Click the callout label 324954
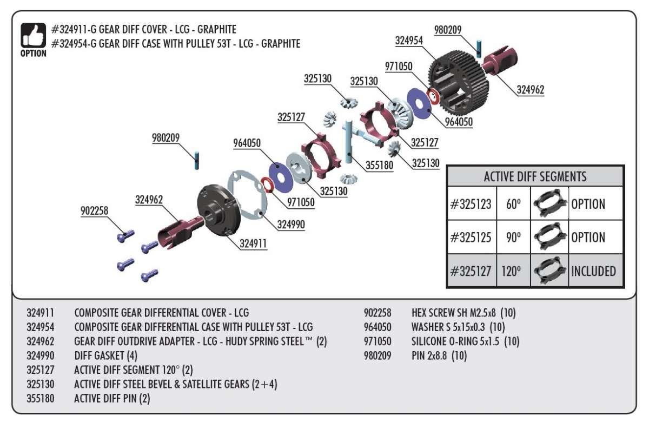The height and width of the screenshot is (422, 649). [x=409, y=41]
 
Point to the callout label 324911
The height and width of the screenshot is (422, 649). [x=253, y=244]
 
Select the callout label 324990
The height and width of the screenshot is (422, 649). [x=290, y=225]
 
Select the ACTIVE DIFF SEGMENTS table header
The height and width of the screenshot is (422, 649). [x=535, y=176]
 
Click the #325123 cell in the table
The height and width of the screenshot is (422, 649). [x=471, y=204]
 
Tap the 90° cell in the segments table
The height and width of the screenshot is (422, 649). [x=511, y=238]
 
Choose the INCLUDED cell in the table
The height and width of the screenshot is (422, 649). [x=593, y=271]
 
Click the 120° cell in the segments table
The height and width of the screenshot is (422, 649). [x=511, y=271]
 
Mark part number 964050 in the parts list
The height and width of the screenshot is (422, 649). [x=380, y=327]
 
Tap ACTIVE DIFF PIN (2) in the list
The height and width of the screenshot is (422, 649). [x=112, y=399]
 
